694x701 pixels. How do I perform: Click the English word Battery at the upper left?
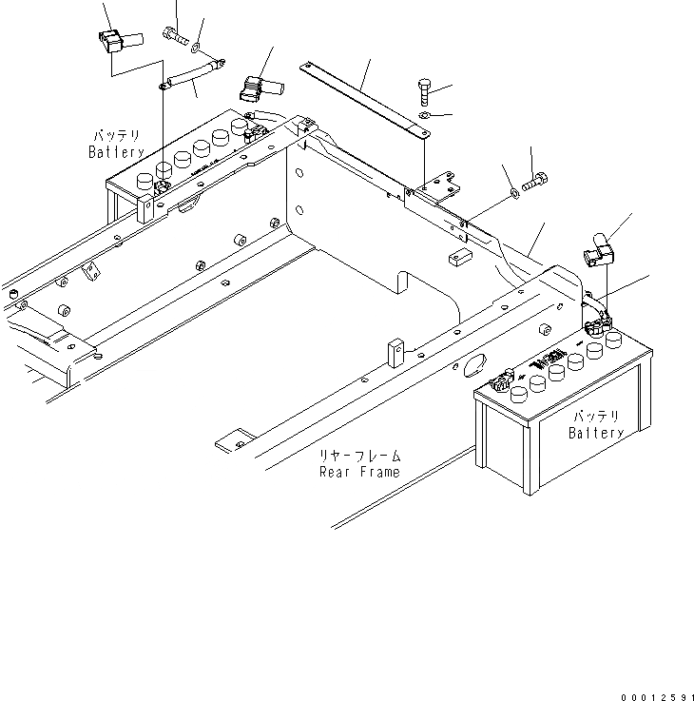click(116, 152)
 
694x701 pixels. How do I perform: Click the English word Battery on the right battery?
click(596, 434)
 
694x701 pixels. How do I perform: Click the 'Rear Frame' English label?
click(358, 471)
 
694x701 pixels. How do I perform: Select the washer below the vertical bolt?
click(425, 117)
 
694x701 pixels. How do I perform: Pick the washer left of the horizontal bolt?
click(514, 193)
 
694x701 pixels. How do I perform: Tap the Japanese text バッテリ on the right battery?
click(596, 418)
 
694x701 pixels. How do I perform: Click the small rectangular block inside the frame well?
click(460, 257)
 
